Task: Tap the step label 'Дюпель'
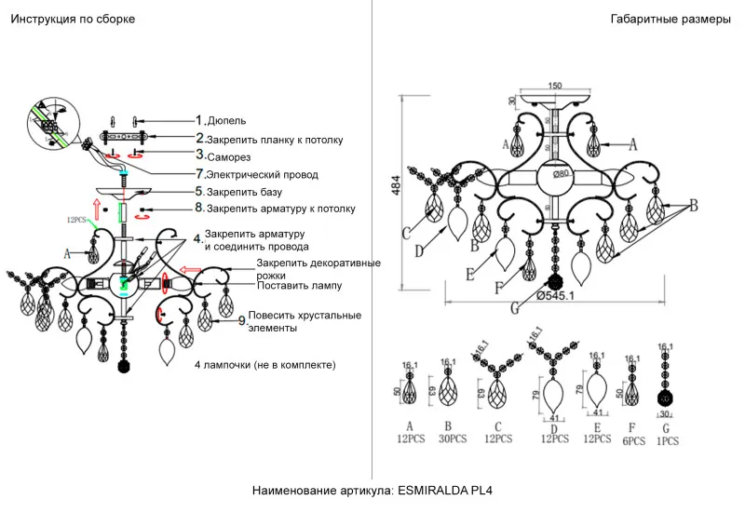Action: point(226,121)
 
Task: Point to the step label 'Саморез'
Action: point(229,157)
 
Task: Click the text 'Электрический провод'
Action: point(262,174)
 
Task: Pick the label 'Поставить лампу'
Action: point(300,285)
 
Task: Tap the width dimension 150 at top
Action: point(554,87)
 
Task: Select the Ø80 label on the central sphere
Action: point(560,174)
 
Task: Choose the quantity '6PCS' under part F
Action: point(632,441)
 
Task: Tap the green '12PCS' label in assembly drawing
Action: point(77,221)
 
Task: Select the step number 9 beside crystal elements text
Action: point(241,321)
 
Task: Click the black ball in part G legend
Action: point(666,399)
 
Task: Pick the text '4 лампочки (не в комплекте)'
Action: point(265,364)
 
